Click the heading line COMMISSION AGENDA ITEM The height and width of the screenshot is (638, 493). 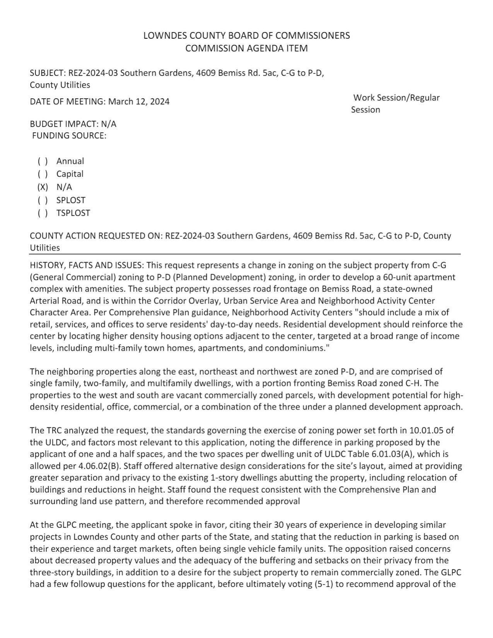pyautogui.click(x=246, y=48)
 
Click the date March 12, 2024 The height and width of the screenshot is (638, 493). pyautogui.click(x=138, y=102)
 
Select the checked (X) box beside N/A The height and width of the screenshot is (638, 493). pyautogui.click(x=43, y=187)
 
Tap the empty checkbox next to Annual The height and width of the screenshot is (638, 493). pyautogui.click(x=43, y=161)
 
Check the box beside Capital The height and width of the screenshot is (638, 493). pyautogui.click(x=43, y=174)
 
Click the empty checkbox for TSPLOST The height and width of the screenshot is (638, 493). pyautogui.click(x=43, y=213)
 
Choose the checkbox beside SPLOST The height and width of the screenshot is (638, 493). pyautogui.click(x=43, y=200)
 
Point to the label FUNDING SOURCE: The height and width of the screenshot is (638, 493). pyautogui.click(x=69, y=136)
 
